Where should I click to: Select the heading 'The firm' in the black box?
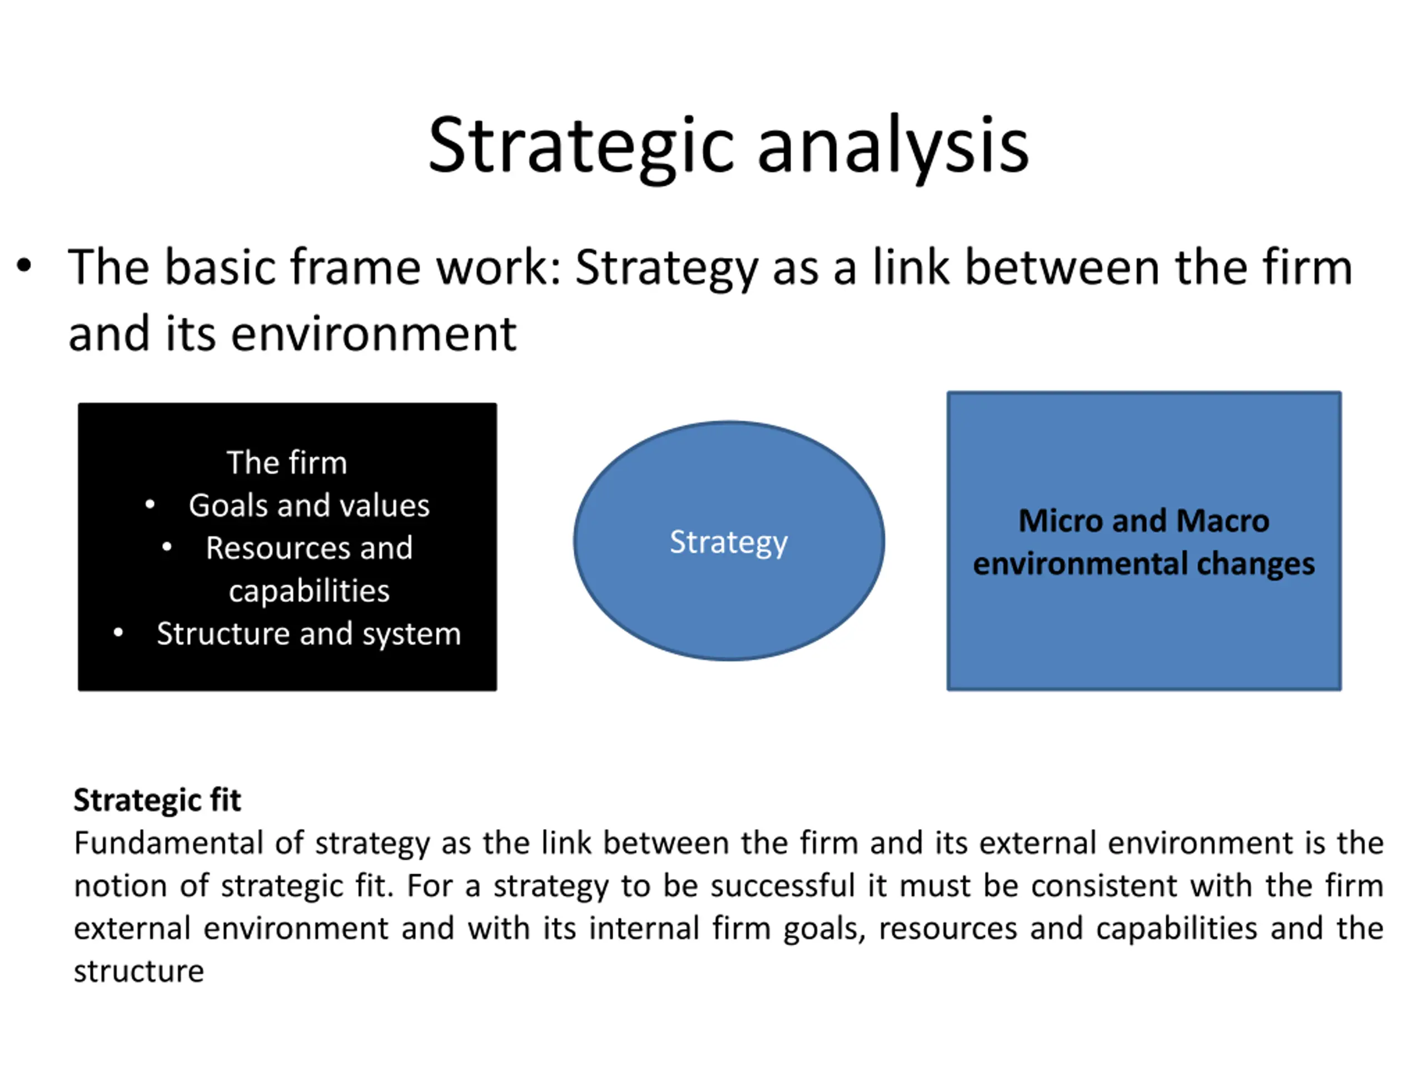tap(287, 462)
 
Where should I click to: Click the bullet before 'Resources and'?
tap(167, 548)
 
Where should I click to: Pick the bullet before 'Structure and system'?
tap(118, 634)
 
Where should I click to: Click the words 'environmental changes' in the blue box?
tap(1143, 564)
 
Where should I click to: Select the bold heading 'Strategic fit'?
tap(158, 800)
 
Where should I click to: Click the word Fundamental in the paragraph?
tap(168, 842)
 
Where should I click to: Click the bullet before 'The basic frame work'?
tap(24, 266)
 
